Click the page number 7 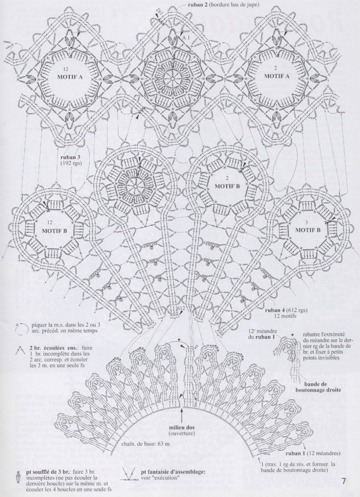(x=344, y=481)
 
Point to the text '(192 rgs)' (x=71, y=163)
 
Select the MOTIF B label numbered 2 (x=227, y=185)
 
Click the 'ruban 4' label (x=277, y=310)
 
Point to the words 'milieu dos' (x=182, y=428)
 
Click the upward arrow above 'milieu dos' (x=182, y=415)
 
